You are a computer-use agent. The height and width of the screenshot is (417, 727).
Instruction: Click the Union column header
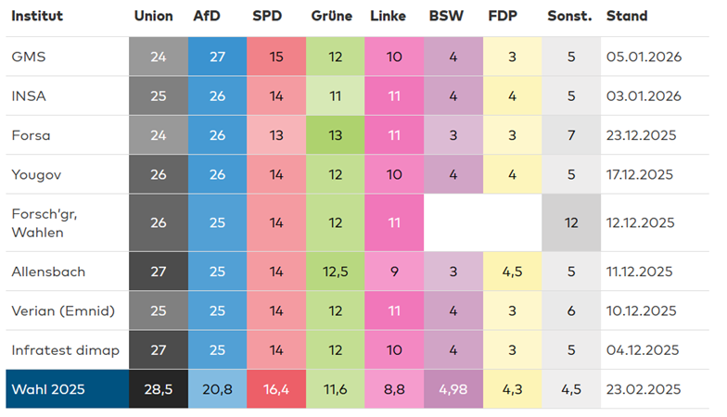click(x=153, y=16)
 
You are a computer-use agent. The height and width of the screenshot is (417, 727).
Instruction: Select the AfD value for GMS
click(x=217, y=57)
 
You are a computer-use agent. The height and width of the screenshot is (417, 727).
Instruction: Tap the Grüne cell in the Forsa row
click(x=335, y=135)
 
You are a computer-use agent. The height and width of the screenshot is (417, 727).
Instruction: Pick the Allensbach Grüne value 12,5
click(x=335, y=272)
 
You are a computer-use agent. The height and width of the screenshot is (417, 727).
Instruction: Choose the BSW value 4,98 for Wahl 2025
click(x=453, y=389)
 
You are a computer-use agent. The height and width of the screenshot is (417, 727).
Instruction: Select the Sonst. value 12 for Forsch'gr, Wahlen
click(x=570, y=222)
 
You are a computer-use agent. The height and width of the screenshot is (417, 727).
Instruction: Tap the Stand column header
click(x=627, y=16)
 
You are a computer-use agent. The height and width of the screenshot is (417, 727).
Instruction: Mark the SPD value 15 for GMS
click(x=276, y=57)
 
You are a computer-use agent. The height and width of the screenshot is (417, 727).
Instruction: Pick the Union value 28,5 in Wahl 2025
click(x=158, y=389)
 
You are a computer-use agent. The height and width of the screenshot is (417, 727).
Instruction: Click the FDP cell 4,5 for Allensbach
click(x=512, y=272)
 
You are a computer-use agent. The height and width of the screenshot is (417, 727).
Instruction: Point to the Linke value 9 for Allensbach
click(x=394, y=272)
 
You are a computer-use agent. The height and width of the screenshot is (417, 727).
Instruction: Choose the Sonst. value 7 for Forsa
click(x=570, y=135)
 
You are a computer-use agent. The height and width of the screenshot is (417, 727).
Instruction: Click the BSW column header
click(x=445, y=16)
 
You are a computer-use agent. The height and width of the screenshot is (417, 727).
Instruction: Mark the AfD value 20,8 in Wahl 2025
click(x=217, y=389)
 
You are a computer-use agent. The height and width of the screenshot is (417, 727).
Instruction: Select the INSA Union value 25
click(x=158, y=95)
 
